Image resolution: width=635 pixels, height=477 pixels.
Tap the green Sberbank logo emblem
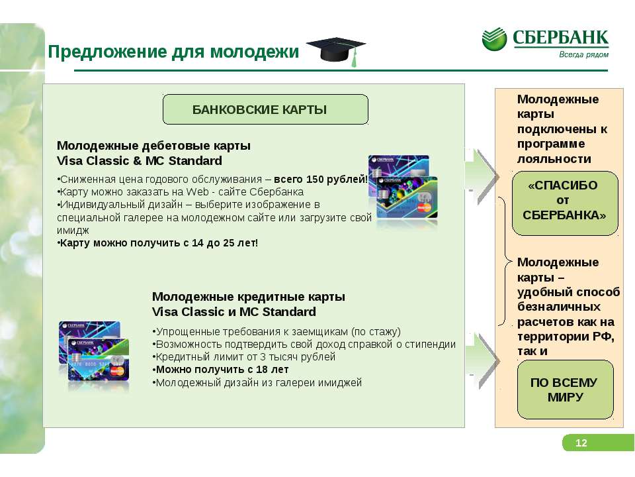494,39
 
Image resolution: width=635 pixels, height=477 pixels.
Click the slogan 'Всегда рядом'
583,55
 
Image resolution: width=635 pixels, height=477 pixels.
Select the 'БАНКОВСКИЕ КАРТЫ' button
265,109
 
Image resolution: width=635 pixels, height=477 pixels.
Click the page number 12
581,443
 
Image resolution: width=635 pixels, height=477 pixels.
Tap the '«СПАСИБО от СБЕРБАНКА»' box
565,203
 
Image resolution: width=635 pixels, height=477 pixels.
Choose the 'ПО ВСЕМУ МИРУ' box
566,390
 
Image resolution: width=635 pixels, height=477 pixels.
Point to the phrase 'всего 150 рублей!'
321,180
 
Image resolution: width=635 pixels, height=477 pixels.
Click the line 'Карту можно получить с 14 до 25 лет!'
157,243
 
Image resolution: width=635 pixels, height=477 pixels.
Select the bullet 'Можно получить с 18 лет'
221,370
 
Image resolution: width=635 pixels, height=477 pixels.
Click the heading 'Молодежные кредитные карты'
249,297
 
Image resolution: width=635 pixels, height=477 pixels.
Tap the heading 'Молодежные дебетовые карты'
154,146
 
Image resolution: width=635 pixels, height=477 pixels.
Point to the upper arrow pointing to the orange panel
482,177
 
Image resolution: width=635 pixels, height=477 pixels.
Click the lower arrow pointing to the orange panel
482,361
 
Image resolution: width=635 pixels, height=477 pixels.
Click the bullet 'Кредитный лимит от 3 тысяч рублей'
244,357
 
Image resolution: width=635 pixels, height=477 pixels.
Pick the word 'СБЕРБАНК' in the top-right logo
560,38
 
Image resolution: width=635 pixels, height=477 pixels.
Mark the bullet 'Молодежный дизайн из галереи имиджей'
257,382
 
